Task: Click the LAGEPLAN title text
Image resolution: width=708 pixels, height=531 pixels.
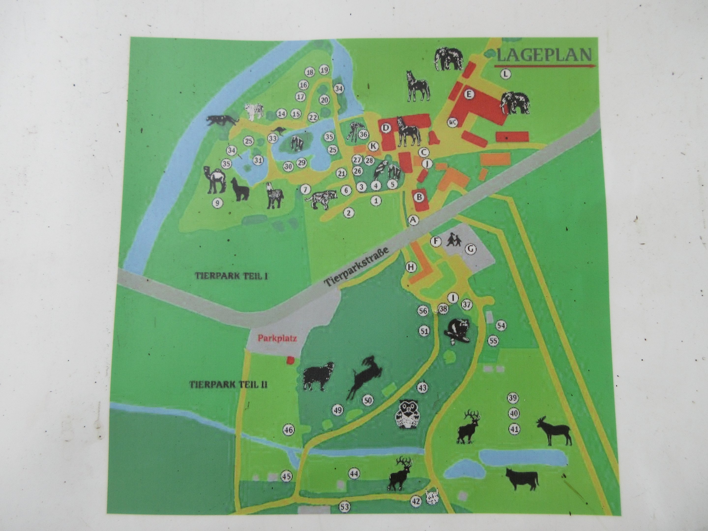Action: pyautogui.click(x=544, y=55)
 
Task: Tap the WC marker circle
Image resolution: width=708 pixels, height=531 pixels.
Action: pyautogui.click(x=452, y=122)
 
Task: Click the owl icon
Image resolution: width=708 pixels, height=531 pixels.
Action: pyautogui.click(x=406, y=415)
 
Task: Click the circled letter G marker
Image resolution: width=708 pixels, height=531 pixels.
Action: pyautogui.click(x=470, y=249)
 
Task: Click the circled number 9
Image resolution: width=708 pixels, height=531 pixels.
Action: pyautogui.click(x=217, y=203)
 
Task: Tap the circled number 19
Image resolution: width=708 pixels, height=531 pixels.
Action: pyautogui.click(x=324, y=70)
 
